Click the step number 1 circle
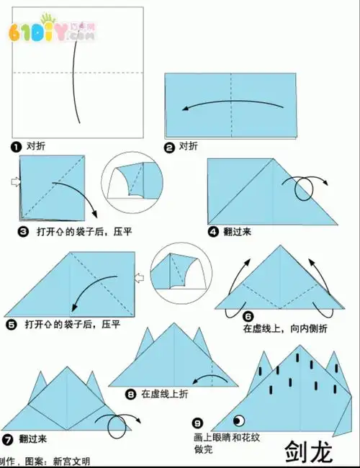[x=16, y=146]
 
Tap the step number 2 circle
[x=170, y=147]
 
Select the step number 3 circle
[x=23, y=233]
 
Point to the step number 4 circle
[x=213, y=232]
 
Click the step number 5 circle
[x=12, y=325]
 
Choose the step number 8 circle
[x=130, y=394]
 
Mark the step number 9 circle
[x=198, y=424]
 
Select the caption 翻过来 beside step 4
[x=237, y=232]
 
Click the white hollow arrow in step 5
[x=141, y=277]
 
